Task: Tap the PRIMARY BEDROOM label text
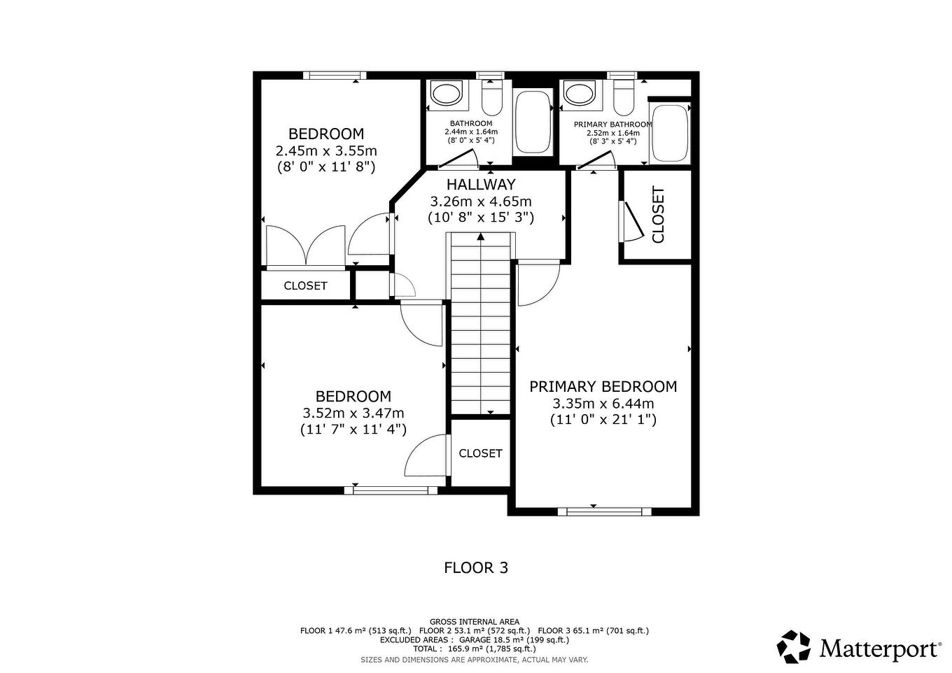pyautogui.click(x=603, y=387)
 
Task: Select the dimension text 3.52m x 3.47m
pyautogui.click(x=353, y=413)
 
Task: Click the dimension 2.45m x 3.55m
pyautogui.click(x=326, y=150)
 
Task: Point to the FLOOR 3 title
pyautogui.click(x=476, y=567)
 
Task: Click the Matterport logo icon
pyautogui.click(x=794, y=646)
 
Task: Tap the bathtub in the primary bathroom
pyautogui.click(x=669, y=133)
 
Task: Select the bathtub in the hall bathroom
pyautogui.click(x=533, y=122)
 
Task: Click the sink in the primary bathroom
pyautogui.click(x=580, y=93)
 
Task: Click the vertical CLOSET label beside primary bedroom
pyautogui.click(x=658, y=215)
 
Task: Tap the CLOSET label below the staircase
pyautogui.click(x=480, y=453)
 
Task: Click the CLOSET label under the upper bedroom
pyautogui.click(x=305, y=285)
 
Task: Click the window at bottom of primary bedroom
pyautogui.click(x=604, y=511)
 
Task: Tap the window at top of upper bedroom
pyautogui.click(x=339, y=76)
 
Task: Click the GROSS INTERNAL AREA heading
pyautogui.click(x=475, y=621)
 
